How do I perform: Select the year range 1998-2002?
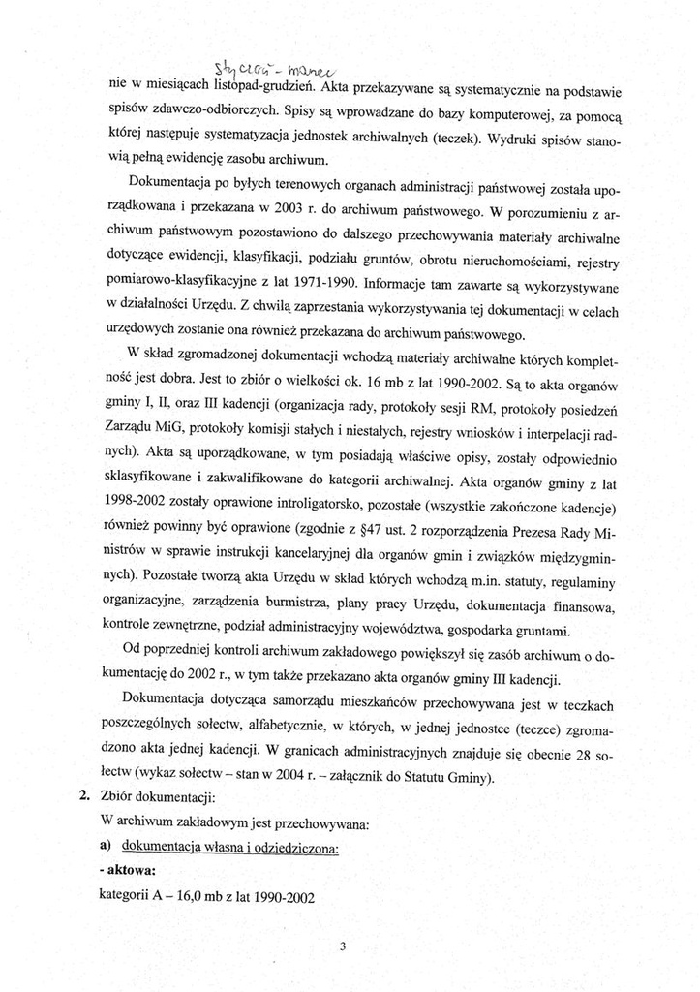tap(137, 508)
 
